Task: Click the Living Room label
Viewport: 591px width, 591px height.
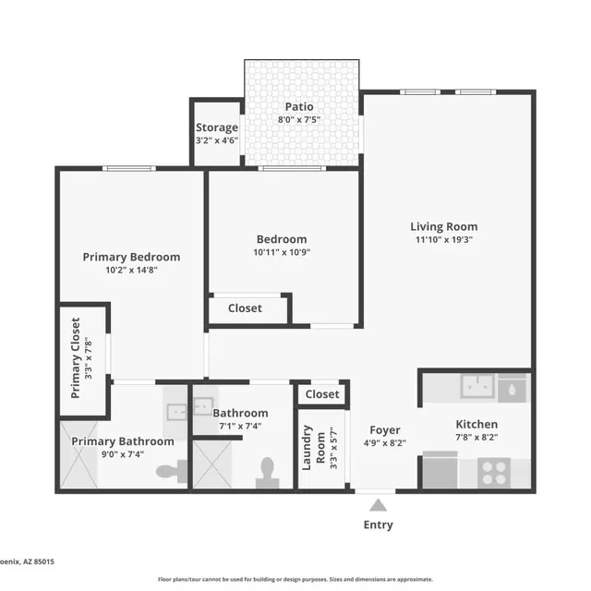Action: tap(444, 226)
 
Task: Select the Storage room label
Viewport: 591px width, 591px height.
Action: tap(217, 127)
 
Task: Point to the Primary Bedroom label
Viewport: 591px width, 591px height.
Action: tap(131, 257)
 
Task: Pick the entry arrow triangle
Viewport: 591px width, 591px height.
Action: tap(378, 505)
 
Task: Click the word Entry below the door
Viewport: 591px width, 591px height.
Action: tap(378, 525)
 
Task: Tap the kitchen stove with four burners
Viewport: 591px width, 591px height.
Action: tap(494, 472)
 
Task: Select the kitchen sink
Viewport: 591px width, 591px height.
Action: tap(478, 386)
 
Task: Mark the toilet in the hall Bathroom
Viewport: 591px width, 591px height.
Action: tap(268, 472)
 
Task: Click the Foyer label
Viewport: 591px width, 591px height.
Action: tap(384, 430)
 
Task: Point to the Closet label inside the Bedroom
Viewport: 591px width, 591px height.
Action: tap(245, 308)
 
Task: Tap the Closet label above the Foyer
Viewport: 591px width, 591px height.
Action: tap(322, 394)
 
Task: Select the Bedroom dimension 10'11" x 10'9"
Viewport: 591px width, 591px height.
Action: tap(281, 251)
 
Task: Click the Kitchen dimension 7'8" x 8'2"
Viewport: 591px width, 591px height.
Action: tap(476, 438)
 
